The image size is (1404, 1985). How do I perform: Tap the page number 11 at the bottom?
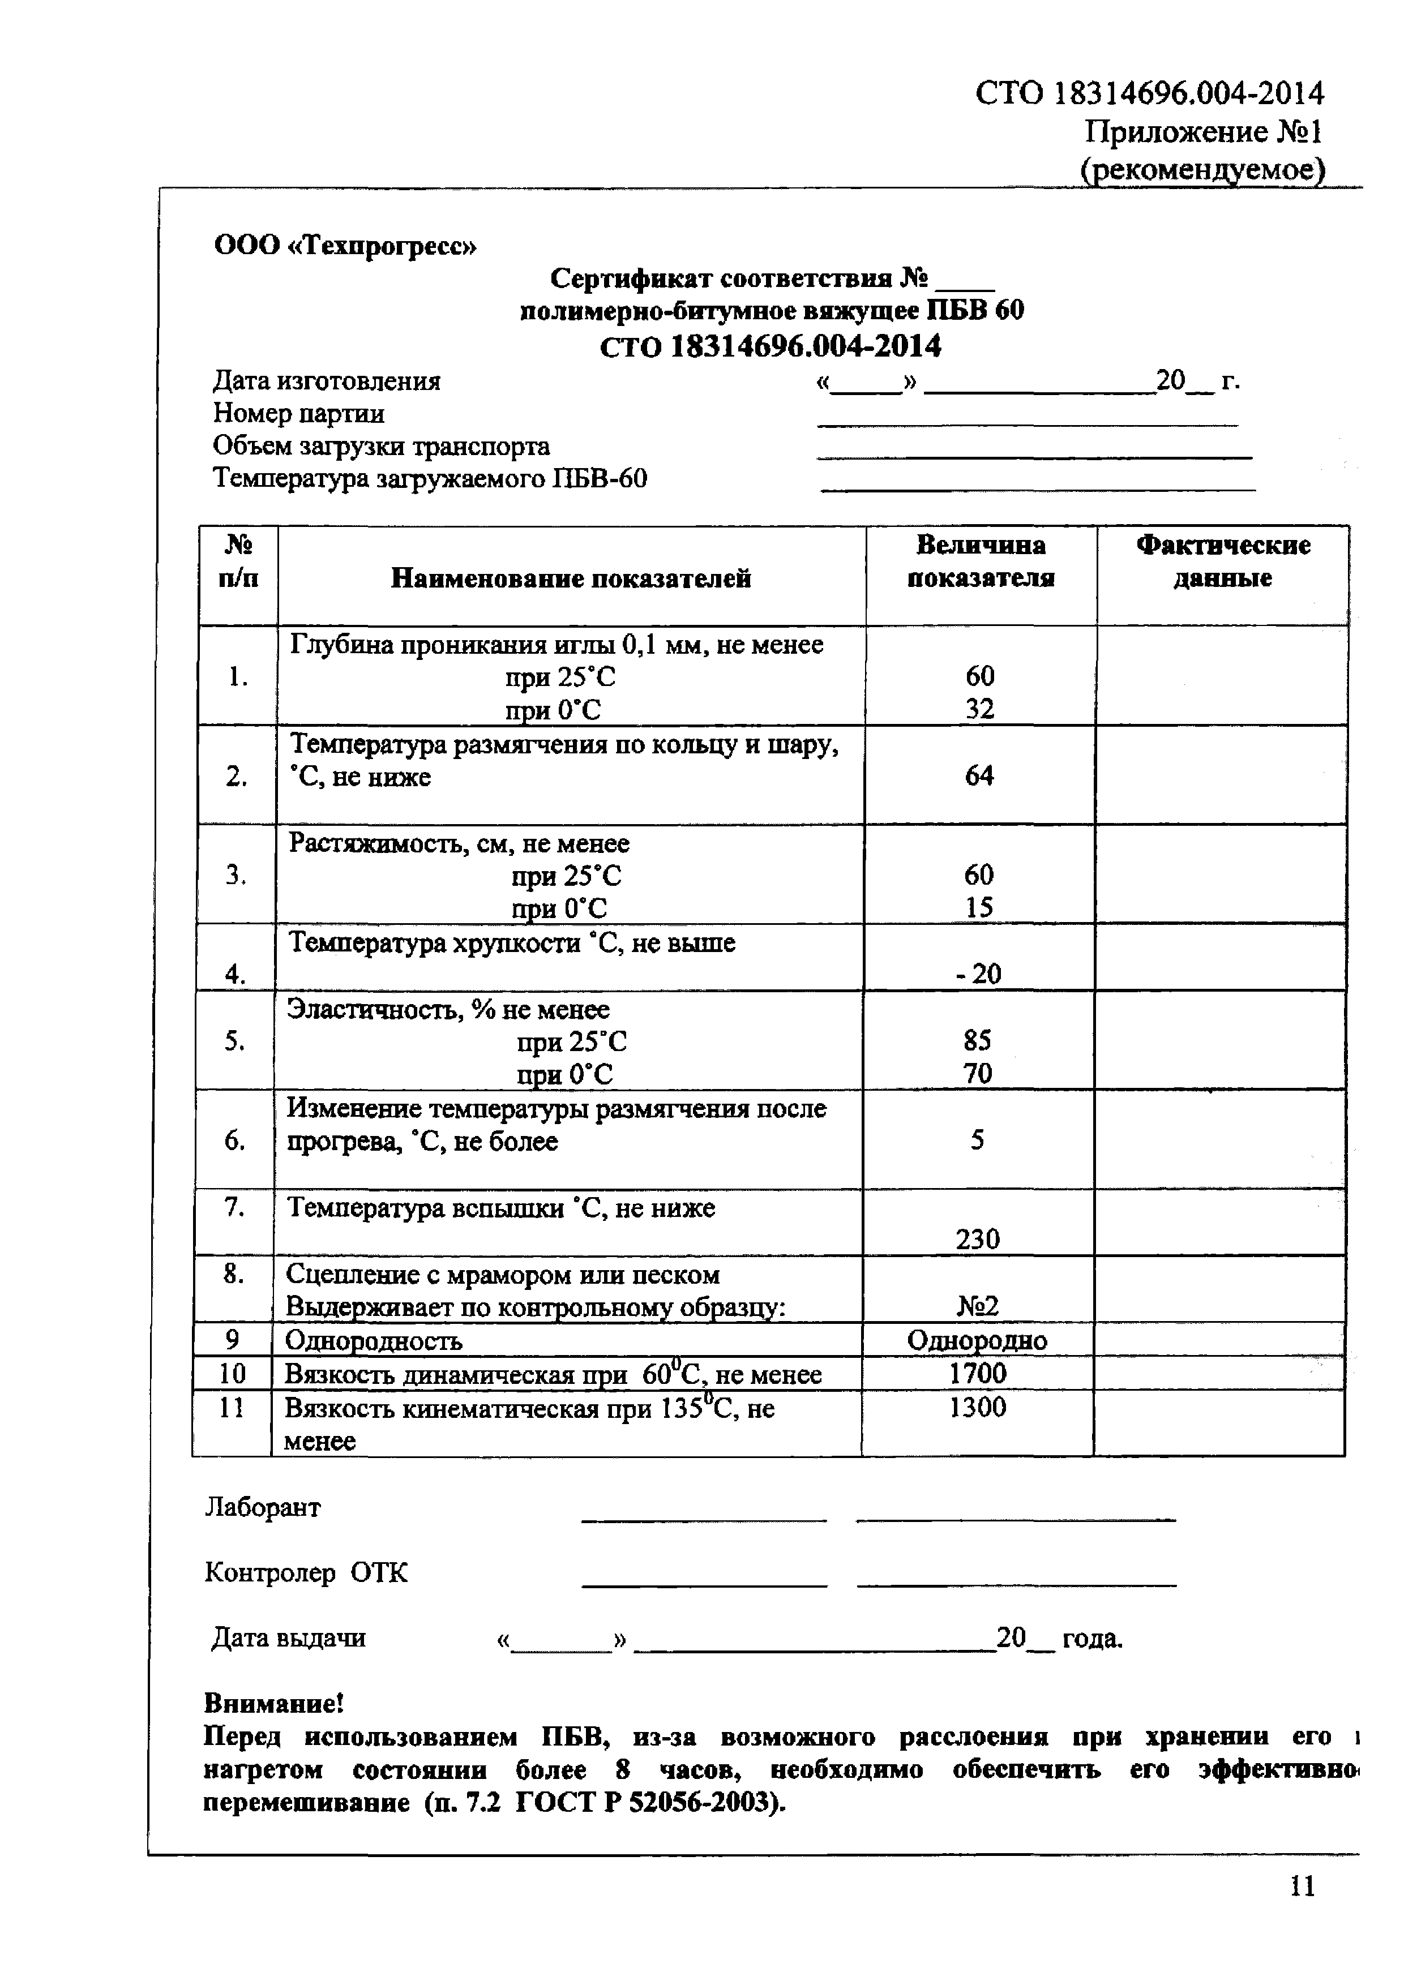point(1302,1910)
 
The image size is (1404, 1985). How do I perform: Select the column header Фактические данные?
point(1222,561)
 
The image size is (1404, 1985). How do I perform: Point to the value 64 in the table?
point(979,775)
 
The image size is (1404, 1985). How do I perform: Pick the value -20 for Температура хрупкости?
point(979,974)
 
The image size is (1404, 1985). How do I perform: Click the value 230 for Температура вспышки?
point(978,1239)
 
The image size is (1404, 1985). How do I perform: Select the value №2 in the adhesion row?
point(978,1305)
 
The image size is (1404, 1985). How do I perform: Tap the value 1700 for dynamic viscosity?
point(978,1373)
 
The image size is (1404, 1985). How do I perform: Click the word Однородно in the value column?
point(977,1340)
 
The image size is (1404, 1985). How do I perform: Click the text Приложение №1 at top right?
point(1202,132)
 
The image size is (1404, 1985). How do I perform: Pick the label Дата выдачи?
point(288,1637)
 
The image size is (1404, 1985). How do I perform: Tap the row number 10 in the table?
point(231,1374)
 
